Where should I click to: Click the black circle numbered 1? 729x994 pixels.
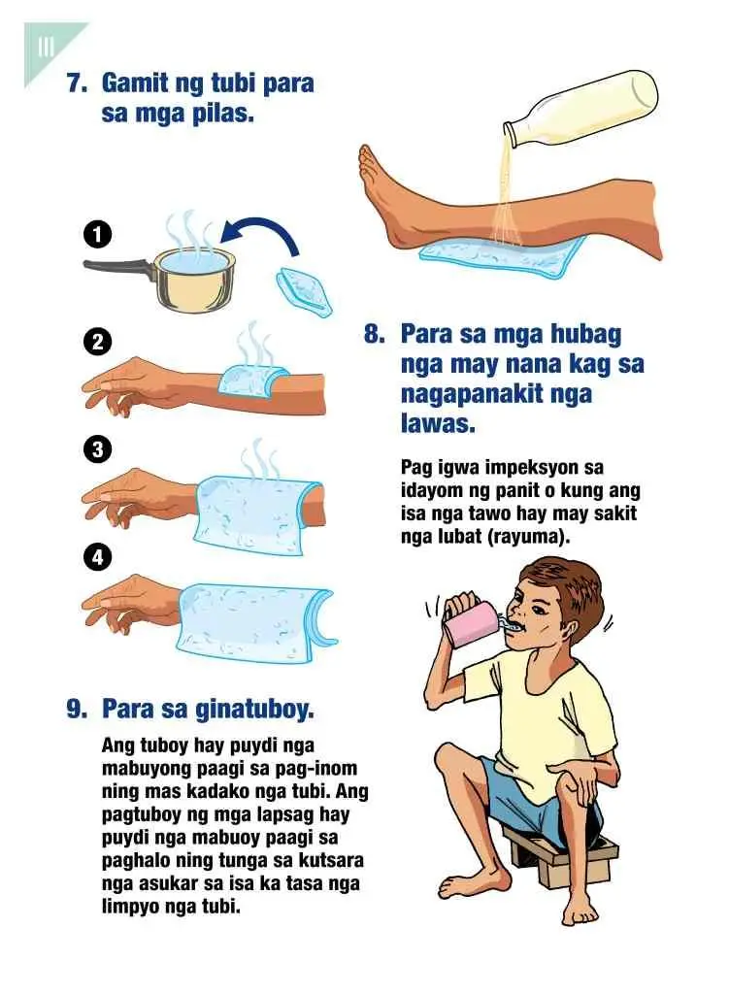coord(97,234)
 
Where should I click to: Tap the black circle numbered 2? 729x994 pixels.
coord(97,343)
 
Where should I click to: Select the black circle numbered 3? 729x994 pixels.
coord(97,449)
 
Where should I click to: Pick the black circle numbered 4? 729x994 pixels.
coord(97,557)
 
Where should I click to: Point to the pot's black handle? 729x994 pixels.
coord(117,268)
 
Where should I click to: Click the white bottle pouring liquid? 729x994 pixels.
coord(580,106)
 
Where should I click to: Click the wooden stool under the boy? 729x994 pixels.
coord(558,856)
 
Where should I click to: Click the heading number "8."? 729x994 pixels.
coord(374,334)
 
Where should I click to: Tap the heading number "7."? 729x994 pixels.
coord(78,83)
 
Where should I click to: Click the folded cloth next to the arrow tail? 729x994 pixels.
coord(304,291)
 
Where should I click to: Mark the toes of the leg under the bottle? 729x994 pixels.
coord(368,166)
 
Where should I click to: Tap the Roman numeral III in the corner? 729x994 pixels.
coord(46,47)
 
